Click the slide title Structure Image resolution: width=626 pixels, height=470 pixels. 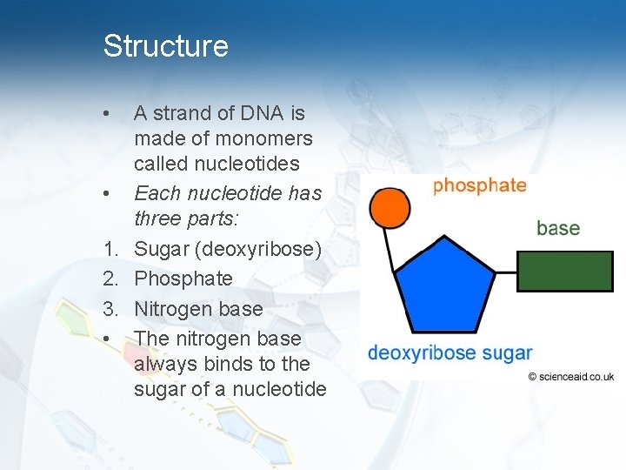165,45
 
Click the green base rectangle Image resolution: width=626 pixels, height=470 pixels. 566,271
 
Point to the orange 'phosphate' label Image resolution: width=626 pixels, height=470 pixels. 479,185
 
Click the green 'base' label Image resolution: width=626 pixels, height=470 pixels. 557,228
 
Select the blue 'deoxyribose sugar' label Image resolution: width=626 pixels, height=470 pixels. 449,352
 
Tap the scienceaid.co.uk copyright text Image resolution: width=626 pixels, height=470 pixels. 570,377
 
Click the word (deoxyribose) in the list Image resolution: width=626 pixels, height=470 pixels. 259,249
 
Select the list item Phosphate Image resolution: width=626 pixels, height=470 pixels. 183,279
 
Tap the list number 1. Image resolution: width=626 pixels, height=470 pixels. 110,249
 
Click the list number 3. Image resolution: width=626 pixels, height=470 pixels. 110,308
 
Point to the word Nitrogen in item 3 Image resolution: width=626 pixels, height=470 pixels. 171,308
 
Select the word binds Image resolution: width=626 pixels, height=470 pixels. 231,363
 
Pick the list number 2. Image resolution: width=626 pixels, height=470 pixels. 110,279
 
